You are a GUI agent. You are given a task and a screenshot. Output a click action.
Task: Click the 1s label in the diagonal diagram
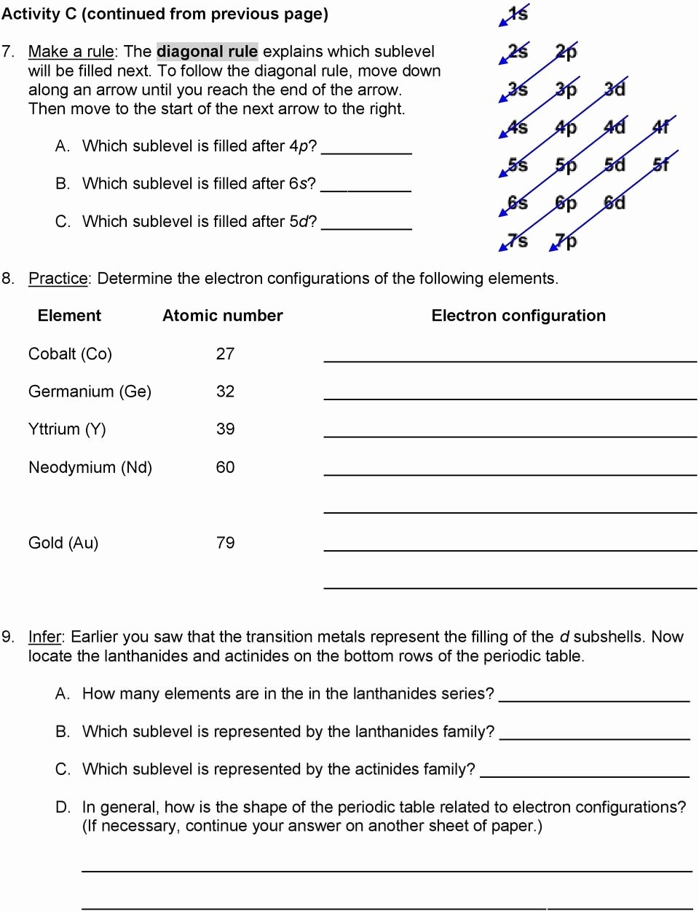pos(518,13)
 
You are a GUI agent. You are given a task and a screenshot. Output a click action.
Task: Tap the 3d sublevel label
pos(615,89)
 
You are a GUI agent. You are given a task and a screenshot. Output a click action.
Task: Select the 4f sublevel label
pos(661,127)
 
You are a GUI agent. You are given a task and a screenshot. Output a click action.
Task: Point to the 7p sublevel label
pos(566,240)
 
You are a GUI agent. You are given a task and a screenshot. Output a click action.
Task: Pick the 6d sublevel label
pos(615,202)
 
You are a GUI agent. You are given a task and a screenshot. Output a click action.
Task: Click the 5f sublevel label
pos(661,164)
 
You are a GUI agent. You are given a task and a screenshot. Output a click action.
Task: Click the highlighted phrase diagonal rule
pos(207,52)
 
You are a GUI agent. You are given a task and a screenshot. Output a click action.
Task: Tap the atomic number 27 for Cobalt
pos(225,354)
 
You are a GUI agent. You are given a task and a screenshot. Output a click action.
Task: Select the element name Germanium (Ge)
pos(90,391)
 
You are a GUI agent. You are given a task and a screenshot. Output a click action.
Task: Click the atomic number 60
pos(225,467)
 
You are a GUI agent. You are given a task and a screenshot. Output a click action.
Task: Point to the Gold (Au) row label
pos(63,543)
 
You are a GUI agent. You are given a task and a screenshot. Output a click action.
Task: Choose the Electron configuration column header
pos(518,316)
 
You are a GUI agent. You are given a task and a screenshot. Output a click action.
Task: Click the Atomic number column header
pos(222,316)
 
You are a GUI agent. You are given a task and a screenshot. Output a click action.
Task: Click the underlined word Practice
pos(58,279)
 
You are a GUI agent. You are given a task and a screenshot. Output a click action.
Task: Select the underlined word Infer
pos(44,637)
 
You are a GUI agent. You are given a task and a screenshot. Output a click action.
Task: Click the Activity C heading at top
pos(165,14)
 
